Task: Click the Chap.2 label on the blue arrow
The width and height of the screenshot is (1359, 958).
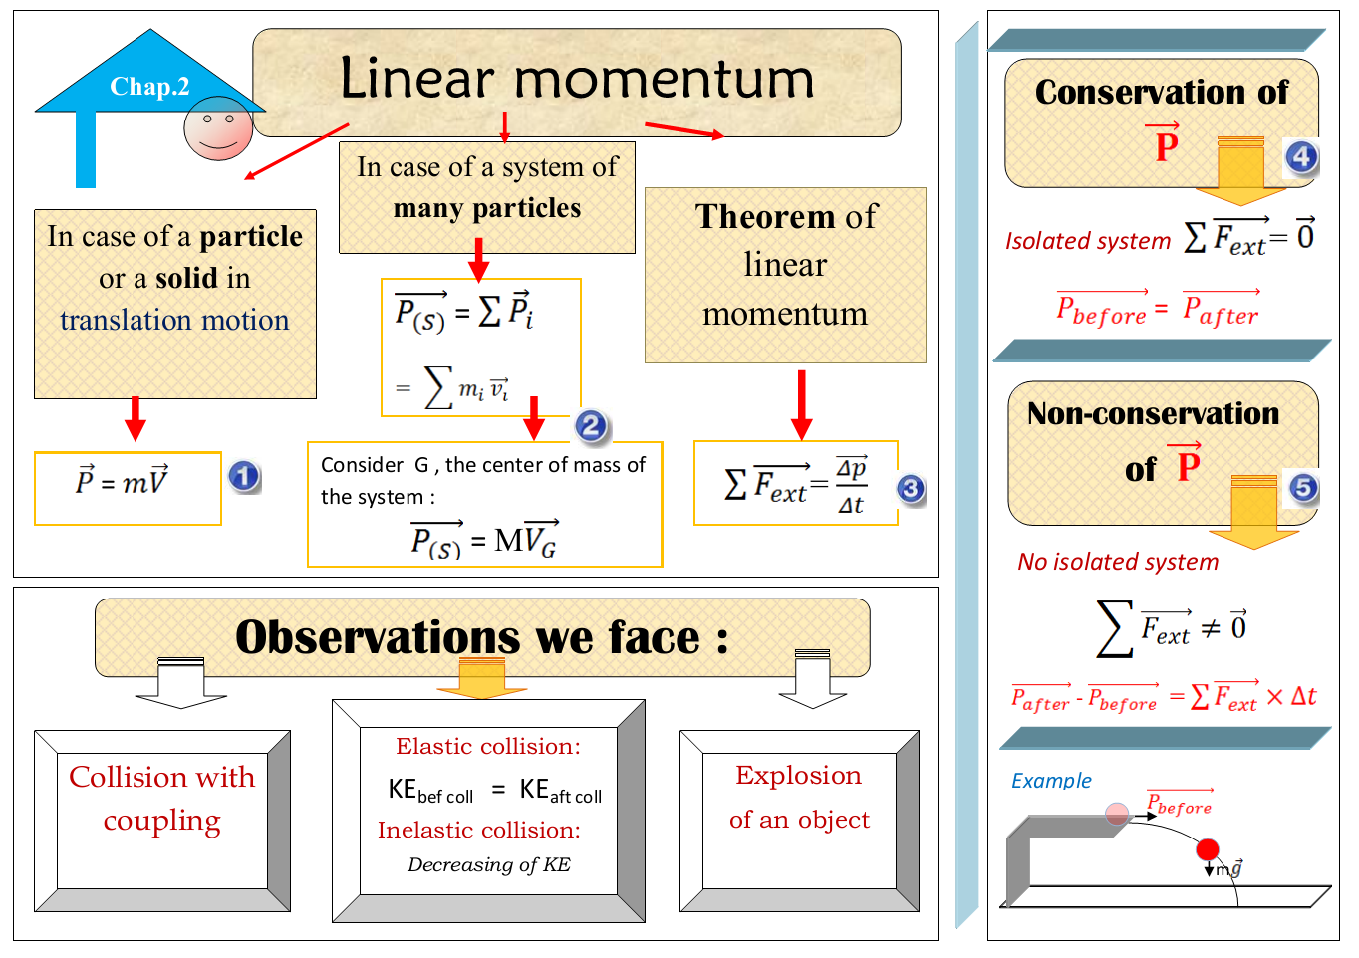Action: pyautogui.click(x=149, y=87)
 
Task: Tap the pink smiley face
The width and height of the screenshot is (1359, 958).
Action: pyautogui.click(x=218, y=128)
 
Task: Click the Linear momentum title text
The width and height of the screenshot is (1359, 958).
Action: pyautogui.click(x=577, y=79)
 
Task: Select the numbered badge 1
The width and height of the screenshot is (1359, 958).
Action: pyautogui.click(x=244, y=476)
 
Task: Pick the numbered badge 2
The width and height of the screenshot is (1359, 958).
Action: pyautogui.click(x=591, y=426)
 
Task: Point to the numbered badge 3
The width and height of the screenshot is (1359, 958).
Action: pyautogui.click(x=910, y=488)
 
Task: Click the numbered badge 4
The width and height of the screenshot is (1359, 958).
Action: pyautogui.click(x=1301, y=156)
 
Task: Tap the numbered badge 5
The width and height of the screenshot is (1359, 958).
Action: pyautogui.click(x=1303, y=487)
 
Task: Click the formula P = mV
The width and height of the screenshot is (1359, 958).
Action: pyautogui.click(x=123, y=482)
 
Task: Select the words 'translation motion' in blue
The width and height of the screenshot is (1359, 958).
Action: pyautogui.click(x=174, y=320)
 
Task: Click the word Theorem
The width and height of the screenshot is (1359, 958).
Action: pyautogui.click(x=765, y=216)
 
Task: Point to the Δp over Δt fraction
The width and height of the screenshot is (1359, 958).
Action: pyautogui.click(x=851, y=487)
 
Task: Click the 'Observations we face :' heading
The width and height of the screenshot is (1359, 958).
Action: pyautogui.click(x=481, y=637)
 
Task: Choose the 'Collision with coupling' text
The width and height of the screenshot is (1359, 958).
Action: pyautogui.click(x=162, y=798)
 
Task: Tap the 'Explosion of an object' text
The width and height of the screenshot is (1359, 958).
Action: pyautogui.click(x=799, y=797)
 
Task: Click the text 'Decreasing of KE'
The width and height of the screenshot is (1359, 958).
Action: pyautogui.click(x=488, y=864)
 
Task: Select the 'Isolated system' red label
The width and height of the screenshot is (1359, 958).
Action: pyautogui.click(x=1087, y=241)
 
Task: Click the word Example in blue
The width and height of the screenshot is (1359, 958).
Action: pyautogui.click(x=1051, y=781)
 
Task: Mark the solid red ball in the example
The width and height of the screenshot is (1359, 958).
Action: pyautogui.click(x=1208, y=849)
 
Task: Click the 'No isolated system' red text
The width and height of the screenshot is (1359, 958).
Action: pyautogui.click(x=1118, y=562)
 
